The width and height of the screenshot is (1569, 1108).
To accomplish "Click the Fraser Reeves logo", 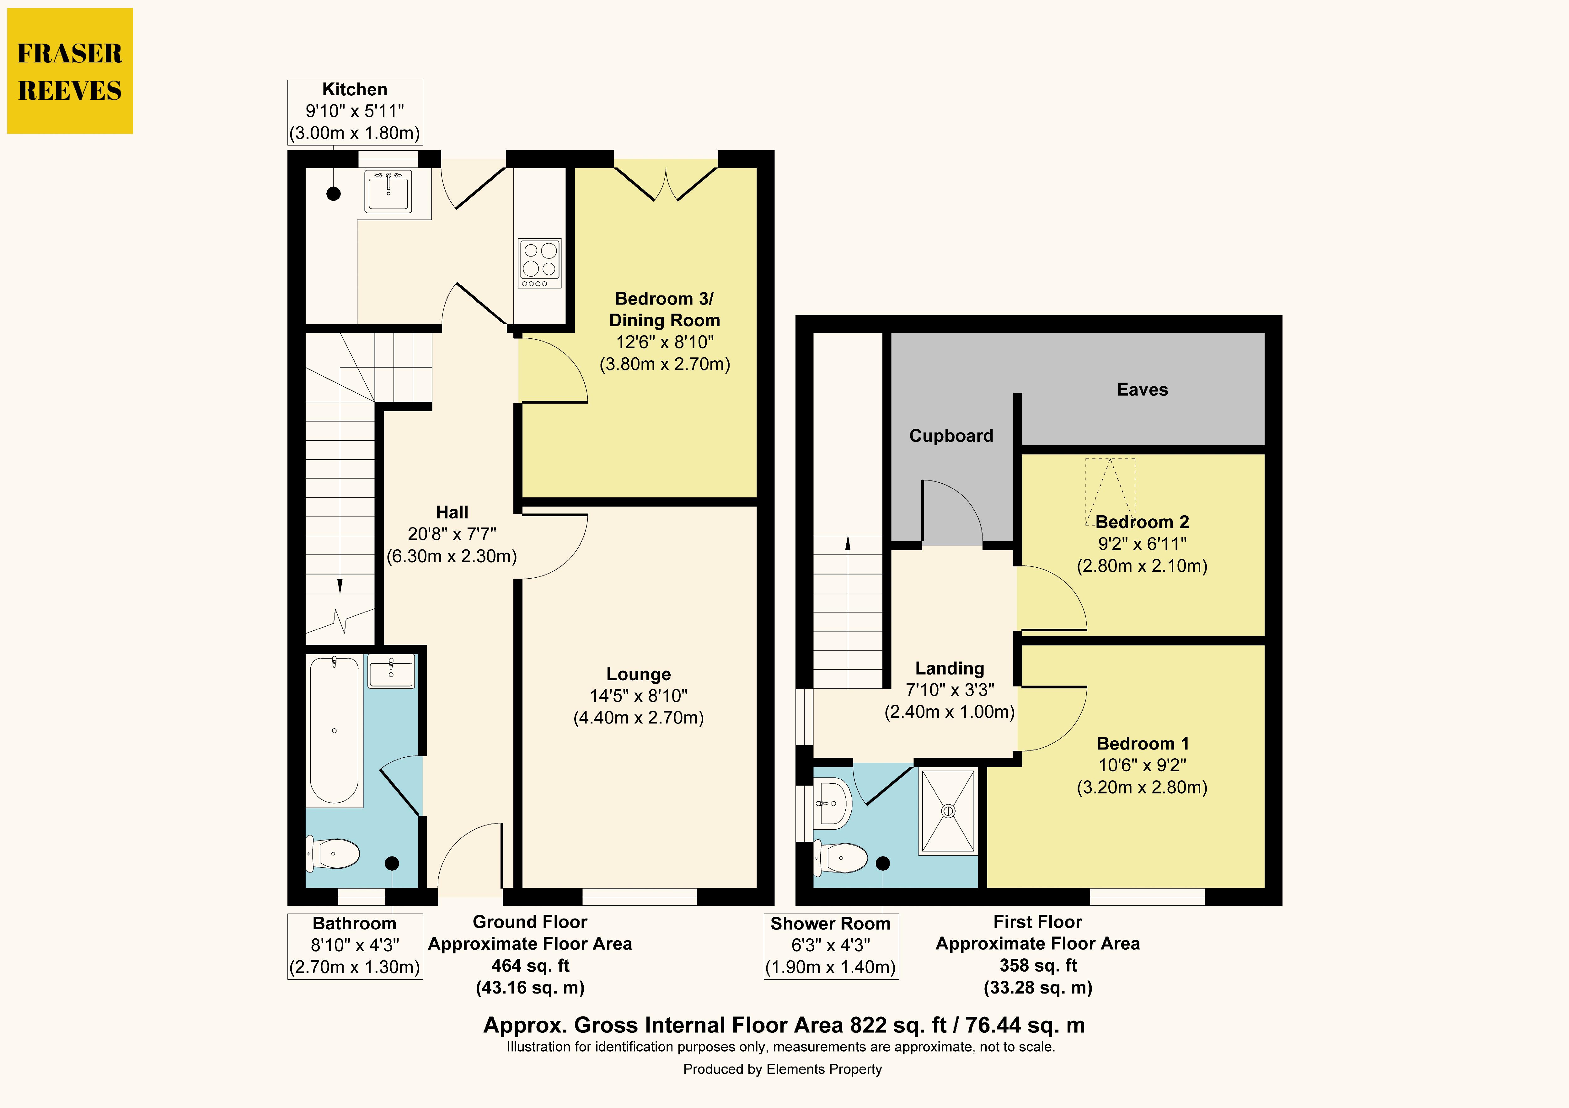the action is [x=70, y=71].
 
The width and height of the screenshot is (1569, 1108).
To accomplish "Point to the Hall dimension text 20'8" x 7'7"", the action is [x=452, y=534].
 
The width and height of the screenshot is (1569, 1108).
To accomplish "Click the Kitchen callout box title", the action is [x=355, y=89].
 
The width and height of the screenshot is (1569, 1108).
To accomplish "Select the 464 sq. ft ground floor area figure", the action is [x=530, y=966].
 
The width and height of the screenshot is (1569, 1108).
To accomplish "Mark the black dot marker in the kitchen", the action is [x=334, y=193].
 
